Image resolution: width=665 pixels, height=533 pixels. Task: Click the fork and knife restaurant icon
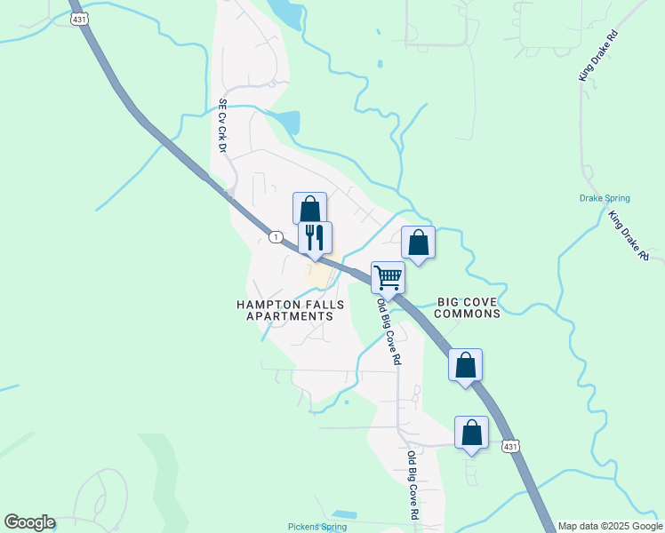click(x=315, y=237)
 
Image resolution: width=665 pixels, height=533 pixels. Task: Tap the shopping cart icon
click(x=388, y=277)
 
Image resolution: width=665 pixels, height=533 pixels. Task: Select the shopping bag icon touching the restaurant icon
click(x=309, y=209)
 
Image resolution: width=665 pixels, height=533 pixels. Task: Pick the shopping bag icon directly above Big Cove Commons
click(x=419, y=243)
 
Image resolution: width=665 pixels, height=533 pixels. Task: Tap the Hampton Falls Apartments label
click(x=284, y=309)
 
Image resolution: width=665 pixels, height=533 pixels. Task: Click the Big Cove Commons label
click(x=469, y=307)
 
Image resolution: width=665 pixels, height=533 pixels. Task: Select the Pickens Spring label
click(x=317, y=527)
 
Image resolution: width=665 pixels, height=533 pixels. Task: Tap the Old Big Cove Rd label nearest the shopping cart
click(x=389, y=332)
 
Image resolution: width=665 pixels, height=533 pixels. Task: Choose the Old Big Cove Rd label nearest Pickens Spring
click(x=413, y=486)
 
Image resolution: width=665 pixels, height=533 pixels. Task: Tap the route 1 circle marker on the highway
click(x=276, y=236)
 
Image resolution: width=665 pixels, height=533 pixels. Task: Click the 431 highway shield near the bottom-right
click(x=509, y=444)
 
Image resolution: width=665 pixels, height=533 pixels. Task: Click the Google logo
click(x=29, y=522)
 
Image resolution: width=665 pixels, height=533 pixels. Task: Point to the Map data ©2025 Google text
click(x=610, y=526)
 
